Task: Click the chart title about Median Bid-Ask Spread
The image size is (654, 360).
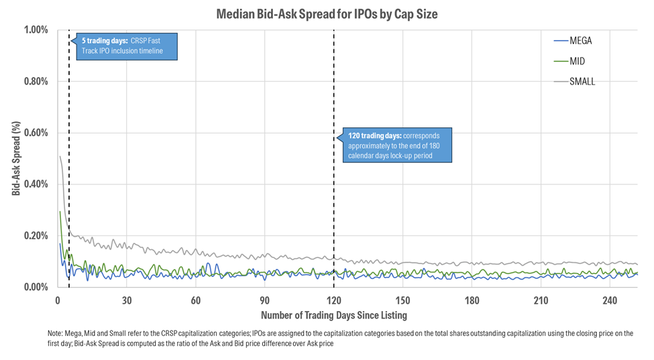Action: (327, 13)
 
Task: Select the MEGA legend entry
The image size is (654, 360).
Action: (580, 40)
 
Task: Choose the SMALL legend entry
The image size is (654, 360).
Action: (582, 82)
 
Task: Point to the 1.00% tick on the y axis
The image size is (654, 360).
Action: (36, 30)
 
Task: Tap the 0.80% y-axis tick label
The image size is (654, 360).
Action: (36, 82)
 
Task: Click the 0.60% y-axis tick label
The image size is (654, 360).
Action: (36, 133)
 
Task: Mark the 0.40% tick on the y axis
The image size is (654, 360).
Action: (36, 184)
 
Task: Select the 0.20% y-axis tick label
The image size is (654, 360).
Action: (36, 236)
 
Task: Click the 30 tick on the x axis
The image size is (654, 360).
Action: (127, 300)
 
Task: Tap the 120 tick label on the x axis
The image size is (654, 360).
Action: (333, 300)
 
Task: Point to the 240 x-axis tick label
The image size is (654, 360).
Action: (610, 300)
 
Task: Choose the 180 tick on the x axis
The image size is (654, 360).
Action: (472, 300)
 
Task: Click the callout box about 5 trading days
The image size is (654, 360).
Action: (127, 46)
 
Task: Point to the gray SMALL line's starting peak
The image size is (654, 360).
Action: (60, 156)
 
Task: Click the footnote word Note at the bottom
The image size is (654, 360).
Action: (56, 333)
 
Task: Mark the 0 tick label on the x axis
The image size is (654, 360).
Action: (58, 300)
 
